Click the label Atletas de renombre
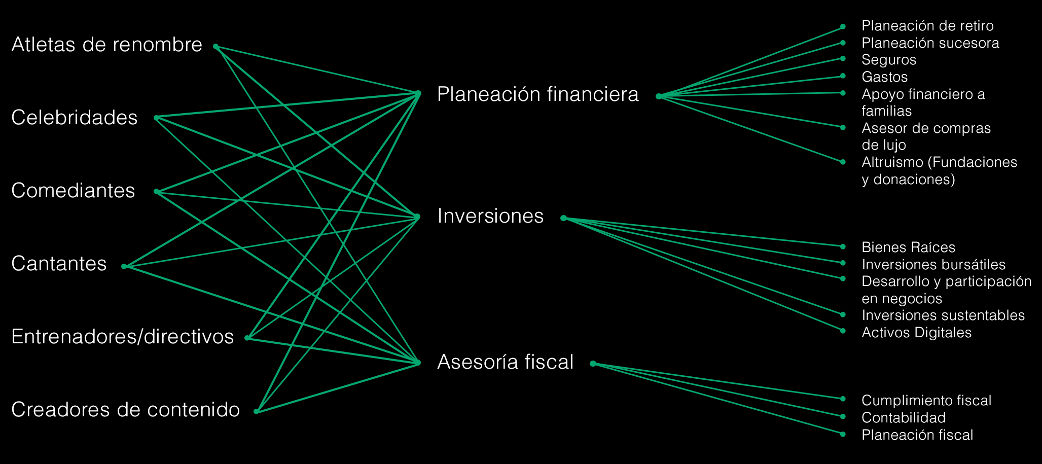[x=106, y=45]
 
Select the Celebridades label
[x=74, y=118]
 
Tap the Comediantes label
[x=73, y=191]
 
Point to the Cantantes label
[x=59, y=264]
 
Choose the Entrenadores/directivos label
[x=122, y=337]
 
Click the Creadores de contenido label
[x=125, y=410]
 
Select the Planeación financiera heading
[x=537, y=94]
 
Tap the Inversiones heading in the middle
[x=490, y=216]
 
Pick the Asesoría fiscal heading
[x=505, y=362]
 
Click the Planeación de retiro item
[x=927, y=26]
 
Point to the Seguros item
[x=889, y=60]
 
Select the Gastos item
[x=884, y=77]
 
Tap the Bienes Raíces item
[x=908, y=247]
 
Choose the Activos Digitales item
[x=916, y=333]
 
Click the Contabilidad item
[x=904, y=418]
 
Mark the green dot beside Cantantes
[x=124, y=266]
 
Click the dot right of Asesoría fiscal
[x=593, y=364]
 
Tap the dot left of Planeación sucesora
[x=843, y=43]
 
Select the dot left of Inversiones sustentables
[x=843, y=315]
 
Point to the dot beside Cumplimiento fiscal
[x=843, y=399]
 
